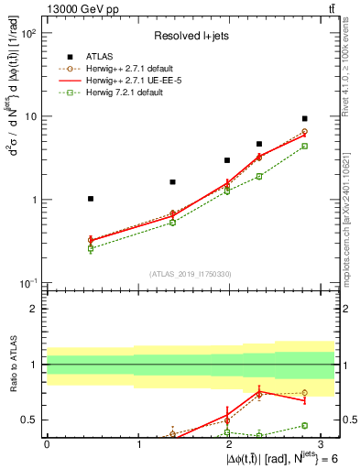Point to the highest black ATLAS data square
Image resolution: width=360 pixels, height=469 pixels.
tap(304, 119)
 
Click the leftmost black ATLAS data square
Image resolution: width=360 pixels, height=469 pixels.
tap(90, 199)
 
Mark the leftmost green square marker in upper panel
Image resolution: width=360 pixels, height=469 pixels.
tap(90, 248)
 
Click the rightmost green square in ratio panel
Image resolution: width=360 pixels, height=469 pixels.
tap(304, 425)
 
